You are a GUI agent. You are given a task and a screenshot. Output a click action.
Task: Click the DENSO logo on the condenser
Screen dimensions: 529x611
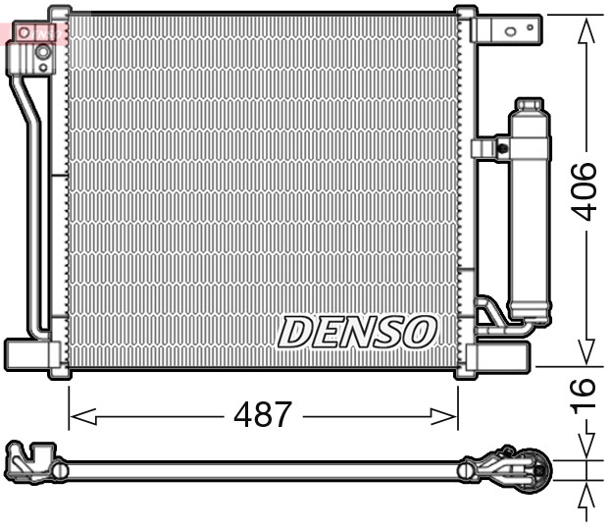coord(357,332)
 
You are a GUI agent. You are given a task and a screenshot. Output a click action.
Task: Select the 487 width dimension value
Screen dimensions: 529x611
coord(262,415)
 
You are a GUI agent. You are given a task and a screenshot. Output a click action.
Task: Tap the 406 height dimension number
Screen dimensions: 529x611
coord(586,191)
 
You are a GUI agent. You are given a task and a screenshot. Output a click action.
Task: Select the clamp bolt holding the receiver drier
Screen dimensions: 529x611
coord(501,149)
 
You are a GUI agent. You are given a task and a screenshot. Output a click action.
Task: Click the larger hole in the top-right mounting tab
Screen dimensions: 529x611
coord(510,30)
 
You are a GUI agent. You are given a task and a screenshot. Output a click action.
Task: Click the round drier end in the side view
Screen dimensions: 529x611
coord(535,467)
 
